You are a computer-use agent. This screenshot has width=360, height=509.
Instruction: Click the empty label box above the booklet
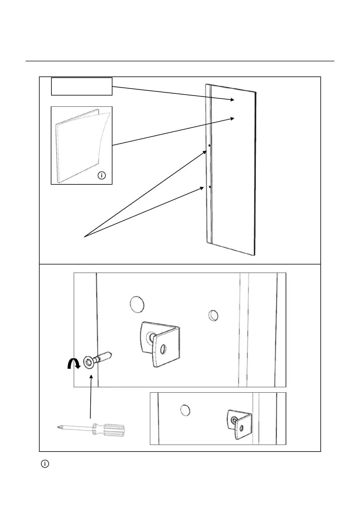coord(82,86)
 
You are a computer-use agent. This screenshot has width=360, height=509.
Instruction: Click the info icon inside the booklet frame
coord(102,175)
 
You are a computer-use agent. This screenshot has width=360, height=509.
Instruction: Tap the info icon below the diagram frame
coord(45,464)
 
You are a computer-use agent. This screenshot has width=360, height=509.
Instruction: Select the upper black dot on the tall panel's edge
coord(209,145)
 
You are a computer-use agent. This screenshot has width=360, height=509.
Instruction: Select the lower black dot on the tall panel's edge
coord(209,187)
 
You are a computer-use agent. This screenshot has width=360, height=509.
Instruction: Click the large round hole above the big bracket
coord(137,304)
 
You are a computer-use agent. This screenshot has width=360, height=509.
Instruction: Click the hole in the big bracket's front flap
coord(163,349)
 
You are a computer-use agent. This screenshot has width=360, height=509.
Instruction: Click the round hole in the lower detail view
coord(185,410)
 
